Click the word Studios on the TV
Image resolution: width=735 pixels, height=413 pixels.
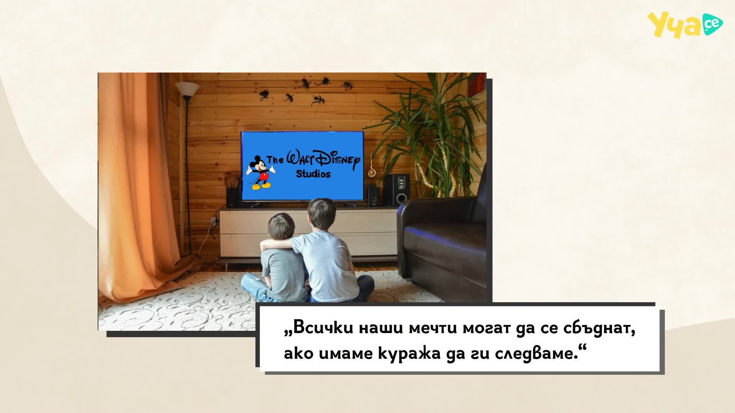313,174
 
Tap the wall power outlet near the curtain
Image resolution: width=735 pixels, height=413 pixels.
213,221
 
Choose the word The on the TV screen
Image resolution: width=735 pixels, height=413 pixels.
275,159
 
